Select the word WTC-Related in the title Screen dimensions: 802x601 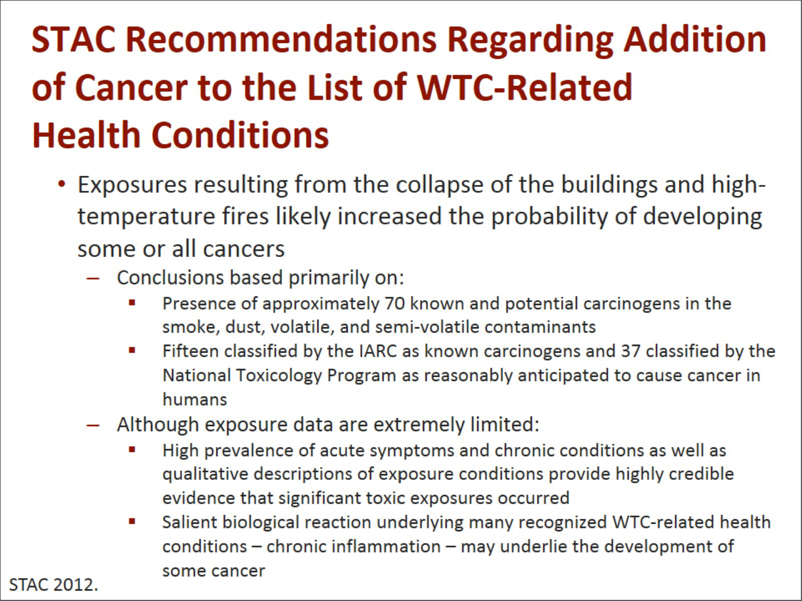[524, 87]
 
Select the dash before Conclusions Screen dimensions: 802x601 [93, 278]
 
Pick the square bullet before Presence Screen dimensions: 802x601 [132, 303]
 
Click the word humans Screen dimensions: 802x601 [195, 400]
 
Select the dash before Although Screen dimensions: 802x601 [93, 425]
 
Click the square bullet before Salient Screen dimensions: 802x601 [132, 521]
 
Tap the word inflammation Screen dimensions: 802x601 [354, 546]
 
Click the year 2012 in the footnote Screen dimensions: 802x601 [76, 585]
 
